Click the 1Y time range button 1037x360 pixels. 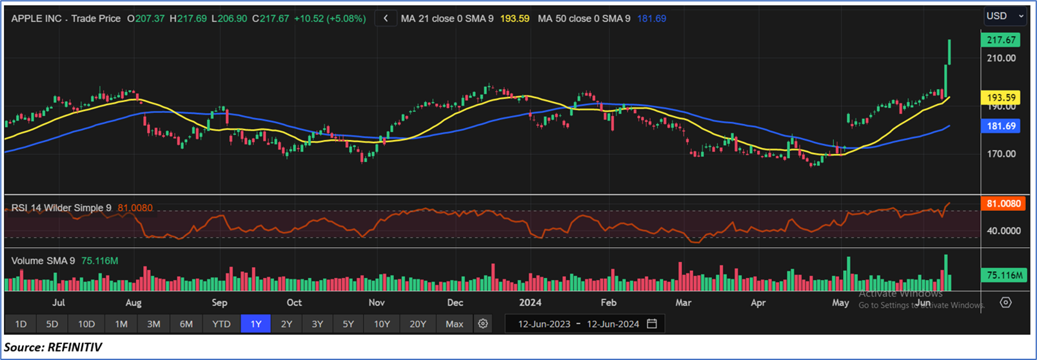(x=255, y=324)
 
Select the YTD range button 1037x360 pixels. (x=221, y=324)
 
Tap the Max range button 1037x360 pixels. (x=454, y=324)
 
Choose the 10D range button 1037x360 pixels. (x=86, y=324)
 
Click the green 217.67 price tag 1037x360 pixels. (x=1001, y=40)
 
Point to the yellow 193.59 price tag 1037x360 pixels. (x=1001, y=98)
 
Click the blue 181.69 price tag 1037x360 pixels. (x=1001, y=126)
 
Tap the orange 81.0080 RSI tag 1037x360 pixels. (x=1002, y=204)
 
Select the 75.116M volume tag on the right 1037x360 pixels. (x=1002, y=275)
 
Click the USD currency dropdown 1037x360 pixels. (x=1003, y=15)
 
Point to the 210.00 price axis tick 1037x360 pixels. (x=1001, y=58)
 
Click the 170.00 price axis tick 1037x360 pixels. (x=1001, y=154)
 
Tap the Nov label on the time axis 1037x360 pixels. (x=376, y=303)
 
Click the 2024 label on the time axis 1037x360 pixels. (x=530, y=303)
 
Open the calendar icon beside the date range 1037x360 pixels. (x=652, y=324)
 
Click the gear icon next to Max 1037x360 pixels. (x=483, y=324)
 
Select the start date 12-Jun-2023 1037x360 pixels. (x=544, y=324)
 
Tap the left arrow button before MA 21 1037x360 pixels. (x=386, y=19)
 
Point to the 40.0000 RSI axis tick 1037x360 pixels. (x=1003, y=231)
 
